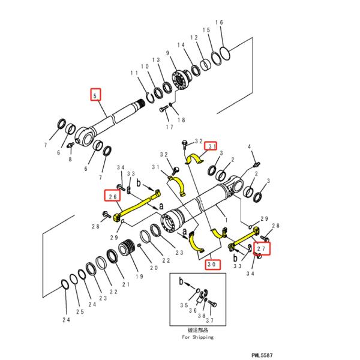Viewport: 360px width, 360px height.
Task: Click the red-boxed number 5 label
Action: click(x=94, y=94)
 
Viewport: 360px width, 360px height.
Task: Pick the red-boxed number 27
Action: click(x=262, y=247)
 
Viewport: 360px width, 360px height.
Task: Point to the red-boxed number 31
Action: click(x=211, y=145)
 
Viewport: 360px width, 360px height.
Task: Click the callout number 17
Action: click(x=169, y=127)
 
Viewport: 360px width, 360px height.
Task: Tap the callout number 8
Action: click(x=70, y=159)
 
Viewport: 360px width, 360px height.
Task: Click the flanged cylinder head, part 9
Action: click(x=178, y=80)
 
